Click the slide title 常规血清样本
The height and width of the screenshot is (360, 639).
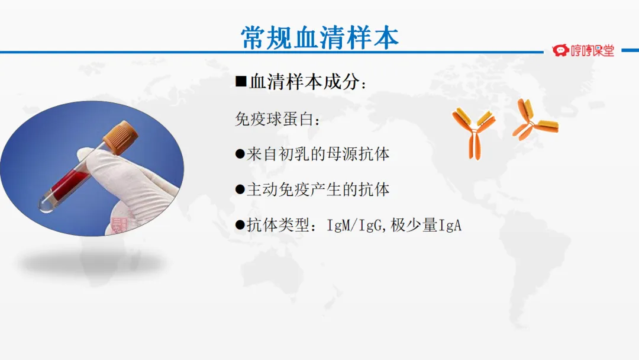point(319,37)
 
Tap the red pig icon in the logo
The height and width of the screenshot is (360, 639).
point(560,50)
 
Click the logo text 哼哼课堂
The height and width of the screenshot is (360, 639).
point(592,50)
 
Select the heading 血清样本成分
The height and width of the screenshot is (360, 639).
point(305,82)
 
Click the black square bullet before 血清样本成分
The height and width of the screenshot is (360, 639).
point(241,81)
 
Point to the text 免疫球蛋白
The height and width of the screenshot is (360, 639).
point(275,119)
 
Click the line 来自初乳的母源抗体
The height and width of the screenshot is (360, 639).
point(318,154)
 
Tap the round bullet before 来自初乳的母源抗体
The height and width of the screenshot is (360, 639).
point(240,154)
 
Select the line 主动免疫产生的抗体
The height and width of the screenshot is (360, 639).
point(318,189)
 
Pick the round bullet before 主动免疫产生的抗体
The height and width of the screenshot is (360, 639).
point(240,189)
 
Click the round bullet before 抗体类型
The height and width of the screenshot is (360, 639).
point(240,225)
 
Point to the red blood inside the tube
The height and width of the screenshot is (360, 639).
point(69,185)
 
